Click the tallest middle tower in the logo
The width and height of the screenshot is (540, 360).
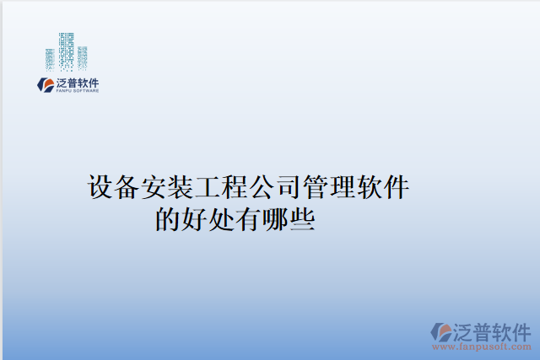click(x=66, y=52)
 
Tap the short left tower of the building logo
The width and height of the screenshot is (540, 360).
click(x=50, y=60)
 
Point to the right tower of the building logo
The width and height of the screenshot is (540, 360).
click(x=83, y=58)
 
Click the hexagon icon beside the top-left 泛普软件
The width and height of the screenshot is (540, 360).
click(x=46, y=85)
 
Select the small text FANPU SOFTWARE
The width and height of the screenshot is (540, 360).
click(x=78, y=91)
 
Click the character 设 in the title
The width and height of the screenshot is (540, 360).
click(x=100, y=187)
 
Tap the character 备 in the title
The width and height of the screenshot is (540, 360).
click(x=127, y=187)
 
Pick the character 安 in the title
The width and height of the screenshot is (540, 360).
click(x=154, y=187)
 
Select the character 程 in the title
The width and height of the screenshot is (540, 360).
click(x=235, y=187)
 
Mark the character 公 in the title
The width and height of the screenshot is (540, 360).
click(x=262, y=187)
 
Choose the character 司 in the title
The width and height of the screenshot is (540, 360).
click(x=289, y=187)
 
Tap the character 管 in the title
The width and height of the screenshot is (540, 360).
click(x=316, y=187)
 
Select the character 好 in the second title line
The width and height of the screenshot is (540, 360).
click(x=195, y=219)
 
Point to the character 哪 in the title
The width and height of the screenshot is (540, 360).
click(x=276, y=219)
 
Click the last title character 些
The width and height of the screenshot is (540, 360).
click(x=302, y=219)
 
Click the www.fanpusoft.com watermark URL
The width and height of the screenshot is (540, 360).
click(x=482, y=347)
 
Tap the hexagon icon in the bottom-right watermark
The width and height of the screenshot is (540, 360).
click(x=441, y=332)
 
